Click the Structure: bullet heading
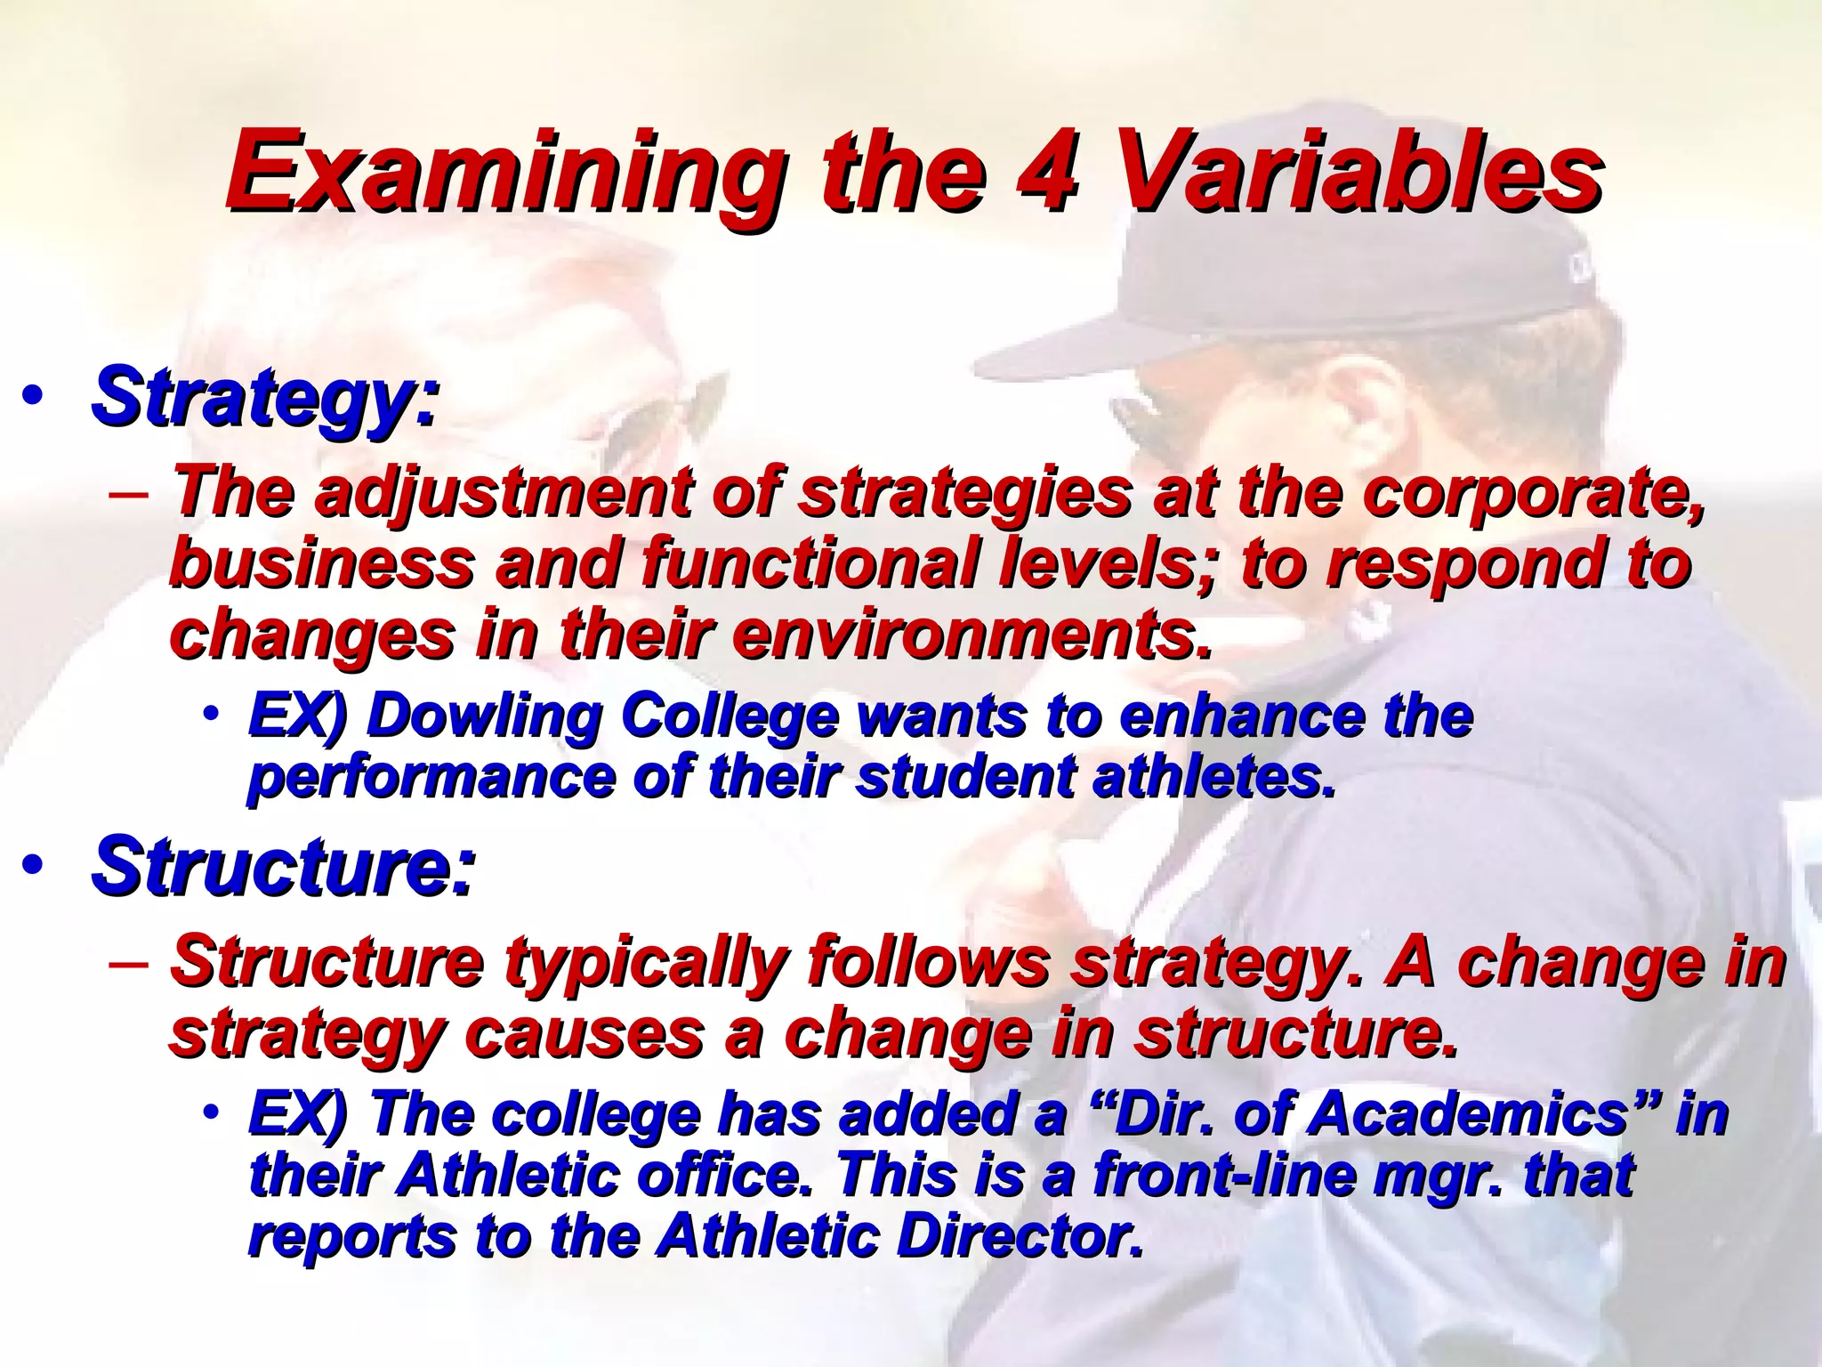point(283,866)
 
